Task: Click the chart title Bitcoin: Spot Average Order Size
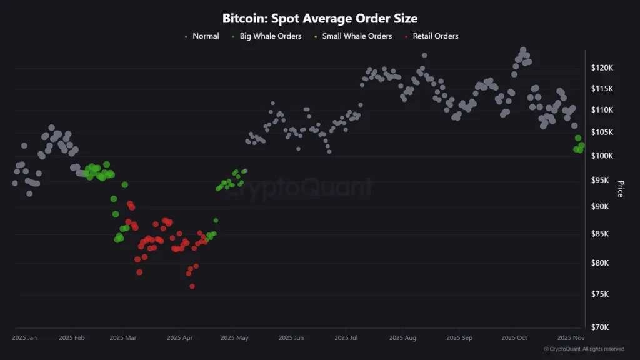pos(320,19)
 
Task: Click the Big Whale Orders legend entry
pos(270,36)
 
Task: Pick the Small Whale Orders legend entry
pos(357,36)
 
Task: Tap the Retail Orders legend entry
pos(435,36)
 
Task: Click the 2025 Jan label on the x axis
pos(24,338)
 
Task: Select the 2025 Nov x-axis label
pos(570,338)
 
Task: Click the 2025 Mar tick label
pos(122,338)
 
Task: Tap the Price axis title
pos(621,189)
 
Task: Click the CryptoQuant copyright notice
pos(584,349)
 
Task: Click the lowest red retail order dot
pos(192,286)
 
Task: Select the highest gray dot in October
pos(523,50)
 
